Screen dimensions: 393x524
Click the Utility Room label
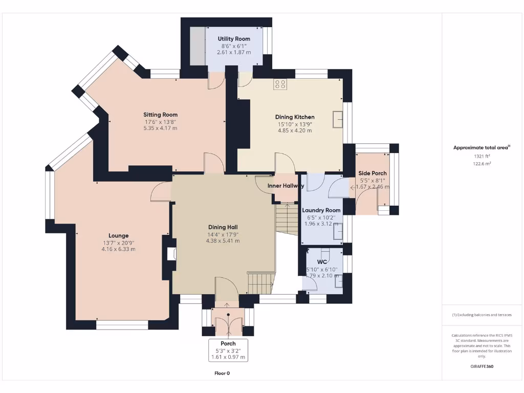pos(234,39)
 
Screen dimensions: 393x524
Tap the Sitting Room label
pos(160,115)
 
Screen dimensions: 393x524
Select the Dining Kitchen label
pos(295,117)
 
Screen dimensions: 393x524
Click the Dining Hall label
pos(223,227)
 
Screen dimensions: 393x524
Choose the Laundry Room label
pos(321,210)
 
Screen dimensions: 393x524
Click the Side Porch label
pos(373,173)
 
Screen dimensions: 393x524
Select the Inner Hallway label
pos(286,186)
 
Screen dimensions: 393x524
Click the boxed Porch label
pos(228,343)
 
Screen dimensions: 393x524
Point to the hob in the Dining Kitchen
pos(280,84)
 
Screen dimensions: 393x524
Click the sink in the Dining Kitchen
pos(337,119)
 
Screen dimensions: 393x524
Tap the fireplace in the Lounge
pos(172,254)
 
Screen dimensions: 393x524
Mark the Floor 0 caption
pos(222,374)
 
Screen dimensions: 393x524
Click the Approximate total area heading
pos(482,147)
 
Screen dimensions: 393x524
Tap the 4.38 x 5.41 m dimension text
pos(223,241)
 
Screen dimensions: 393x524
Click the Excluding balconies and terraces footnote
pos(482,315)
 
